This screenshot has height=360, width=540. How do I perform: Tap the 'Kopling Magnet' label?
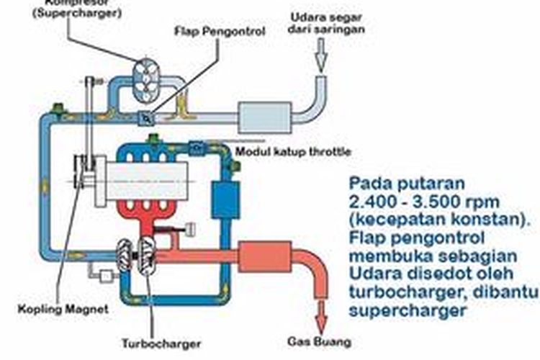(x=63, y=309)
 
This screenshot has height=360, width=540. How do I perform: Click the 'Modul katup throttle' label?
(x=294, y=151)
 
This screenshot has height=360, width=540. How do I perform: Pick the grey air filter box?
(x=264, y=117)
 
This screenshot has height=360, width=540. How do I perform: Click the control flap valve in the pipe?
(x=147, y=117)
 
